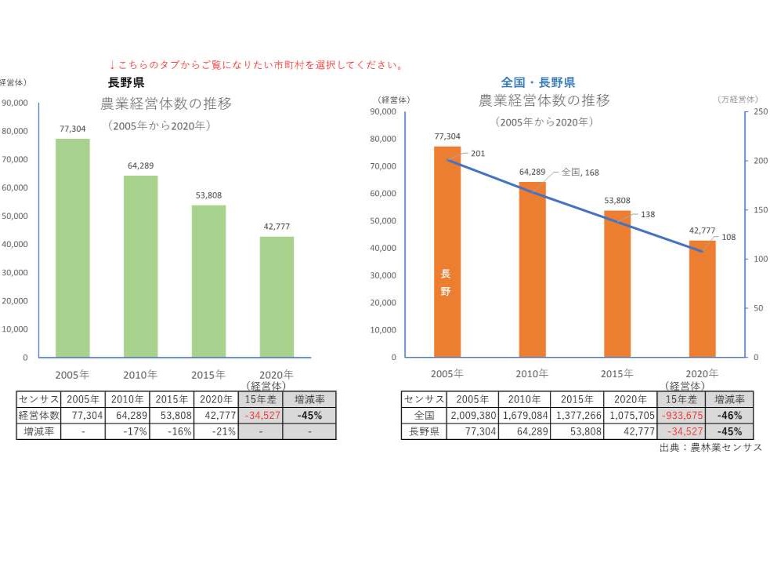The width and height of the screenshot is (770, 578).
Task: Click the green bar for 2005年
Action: (x=72, y=248)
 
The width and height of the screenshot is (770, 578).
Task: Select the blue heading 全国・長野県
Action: (x=538, y=82)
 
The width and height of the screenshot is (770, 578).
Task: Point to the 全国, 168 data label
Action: (x=580, y=172)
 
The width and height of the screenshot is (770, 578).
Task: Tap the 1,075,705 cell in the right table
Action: (x=630, y=415)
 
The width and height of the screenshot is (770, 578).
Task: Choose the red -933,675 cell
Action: (x=681, y=415)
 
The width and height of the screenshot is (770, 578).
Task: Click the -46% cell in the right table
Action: (x=729, y=415)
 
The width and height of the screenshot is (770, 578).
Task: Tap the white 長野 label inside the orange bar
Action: (x=446, y=282)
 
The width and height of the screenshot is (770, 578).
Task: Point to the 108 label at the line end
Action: (x=728, y=236)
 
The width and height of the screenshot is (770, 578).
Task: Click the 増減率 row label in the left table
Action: (x=38, y=431)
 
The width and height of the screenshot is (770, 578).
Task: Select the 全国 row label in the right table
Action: (x=424, y=415)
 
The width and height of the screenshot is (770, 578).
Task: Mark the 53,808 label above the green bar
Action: (x=208, y=195)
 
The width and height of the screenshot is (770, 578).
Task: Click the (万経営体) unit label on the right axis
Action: (x=737, y=100)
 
